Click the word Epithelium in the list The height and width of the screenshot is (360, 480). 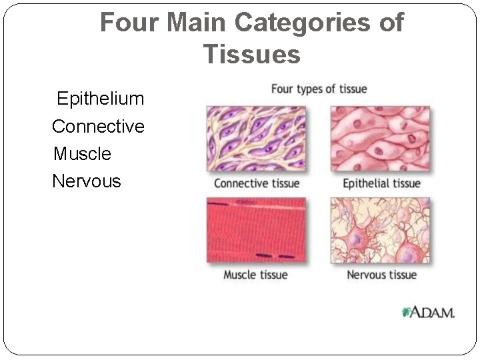(100, 99)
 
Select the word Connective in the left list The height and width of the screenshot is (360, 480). (98, 127)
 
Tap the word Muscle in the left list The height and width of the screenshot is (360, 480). (82, 154)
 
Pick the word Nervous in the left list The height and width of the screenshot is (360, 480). (87, 181)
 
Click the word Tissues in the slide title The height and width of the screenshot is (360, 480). (252, 54)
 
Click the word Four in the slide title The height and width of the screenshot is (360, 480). (130, 23)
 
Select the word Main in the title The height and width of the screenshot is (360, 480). (197, 23)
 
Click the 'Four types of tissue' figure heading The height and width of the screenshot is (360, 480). (319, 89)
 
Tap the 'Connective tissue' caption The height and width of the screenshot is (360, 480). (257, 183)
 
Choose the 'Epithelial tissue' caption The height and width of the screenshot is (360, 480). (381, 183)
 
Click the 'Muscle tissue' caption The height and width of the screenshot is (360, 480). (255, 275)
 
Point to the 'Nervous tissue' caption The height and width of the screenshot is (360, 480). (381, 275)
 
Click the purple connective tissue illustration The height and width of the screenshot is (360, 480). (257, 139)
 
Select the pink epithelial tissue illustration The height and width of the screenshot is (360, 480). (381, 139)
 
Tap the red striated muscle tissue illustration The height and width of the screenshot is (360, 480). (257, 230)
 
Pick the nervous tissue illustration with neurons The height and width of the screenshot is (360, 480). (381, 230)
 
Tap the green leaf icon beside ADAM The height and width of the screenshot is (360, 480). (406, 312)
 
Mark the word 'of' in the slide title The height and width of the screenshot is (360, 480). (390, 23)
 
